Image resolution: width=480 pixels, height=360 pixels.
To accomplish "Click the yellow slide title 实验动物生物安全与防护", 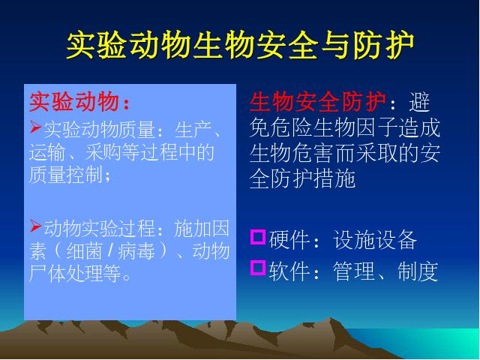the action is pos(240,45).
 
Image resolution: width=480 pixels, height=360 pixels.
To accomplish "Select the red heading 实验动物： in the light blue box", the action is pos(79,102).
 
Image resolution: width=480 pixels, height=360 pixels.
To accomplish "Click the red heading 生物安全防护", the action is pos(317,102).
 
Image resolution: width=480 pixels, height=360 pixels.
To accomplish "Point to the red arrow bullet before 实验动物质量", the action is pos(35,127).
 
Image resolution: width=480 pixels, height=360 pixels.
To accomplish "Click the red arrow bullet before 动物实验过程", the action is pos(35,226).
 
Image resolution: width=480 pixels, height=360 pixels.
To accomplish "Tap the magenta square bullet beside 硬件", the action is pos(258,237).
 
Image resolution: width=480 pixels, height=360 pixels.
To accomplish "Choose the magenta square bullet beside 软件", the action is pos(258,268).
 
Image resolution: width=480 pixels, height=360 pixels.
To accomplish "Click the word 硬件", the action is pos(289,240).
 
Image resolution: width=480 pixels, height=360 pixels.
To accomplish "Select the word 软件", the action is pos(289,271).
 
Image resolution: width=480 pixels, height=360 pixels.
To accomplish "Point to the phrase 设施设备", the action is pos(375,240).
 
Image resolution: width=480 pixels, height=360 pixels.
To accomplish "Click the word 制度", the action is pos(418,271).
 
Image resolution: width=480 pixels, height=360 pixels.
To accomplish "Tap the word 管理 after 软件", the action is pos(353,271).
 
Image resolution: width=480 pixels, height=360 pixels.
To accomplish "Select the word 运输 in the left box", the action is pos(47,152).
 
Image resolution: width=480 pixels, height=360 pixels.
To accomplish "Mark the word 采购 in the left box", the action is pos(103,152).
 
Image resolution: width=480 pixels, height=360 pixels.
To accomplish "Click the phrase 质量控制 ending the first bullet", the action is pos(65,175).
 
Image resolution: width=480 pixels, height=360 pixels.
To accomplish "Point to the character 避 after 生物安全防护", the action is pos(419,102).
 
